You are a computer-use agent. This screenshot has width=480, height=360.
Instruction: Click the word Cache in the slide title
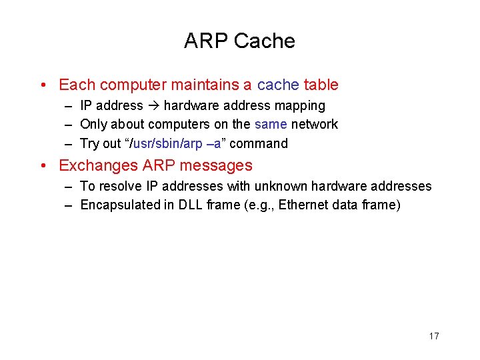[265, 41]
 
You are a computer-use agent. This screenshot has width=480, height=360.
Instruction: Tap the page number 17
[434, 336]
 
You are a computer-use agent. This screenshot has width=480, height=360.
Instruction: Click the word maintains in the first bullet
[211, 85]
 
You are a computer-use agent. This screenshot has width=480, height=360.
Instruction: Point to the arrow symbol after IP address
[153, 106]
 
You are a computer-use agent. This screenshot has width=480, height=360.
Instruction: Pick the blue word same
[271, 125]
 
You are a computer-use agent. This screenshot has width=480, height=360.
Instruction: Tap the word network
[315, 125]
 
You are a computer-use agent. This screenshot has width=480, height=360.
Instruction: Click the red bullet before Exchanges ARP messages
[43, 166]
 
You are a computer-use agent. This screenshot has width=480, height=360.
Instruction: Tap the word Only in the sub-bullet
[93, 125]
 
